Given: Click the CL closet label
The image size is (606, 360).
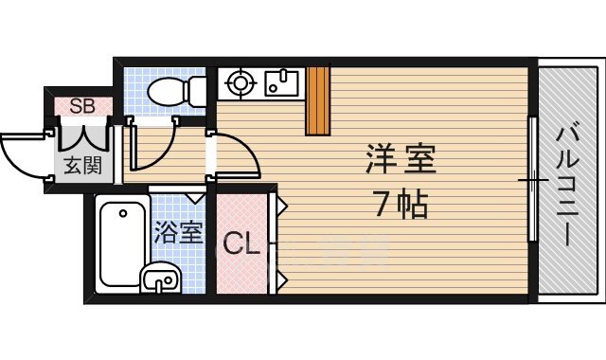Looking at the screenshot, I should (241, 245).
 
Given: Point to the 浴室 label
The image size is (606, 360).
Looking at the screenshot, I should (178, 232).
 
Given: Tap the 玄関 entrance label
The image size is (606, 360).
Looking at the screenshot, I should (82, 167).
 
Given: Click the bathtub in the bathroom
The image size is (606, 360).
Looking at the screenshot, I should (118, 244).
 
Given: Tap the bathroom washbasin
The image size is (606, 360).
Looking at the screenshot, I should (161, 279).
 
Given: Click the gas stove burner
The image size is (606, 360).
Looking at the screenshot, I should (237, 82).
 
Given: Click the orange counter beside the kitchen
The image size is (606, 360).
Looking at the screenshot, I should (317, 100).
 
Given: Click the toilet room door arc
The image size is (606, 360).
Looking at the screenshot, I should (156, 142).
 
